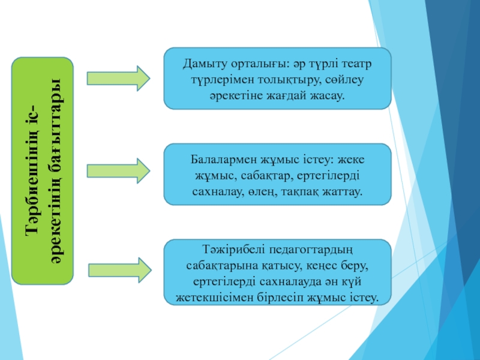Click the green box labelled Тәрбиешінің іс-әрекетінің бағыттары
click(x=43, y=171)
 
